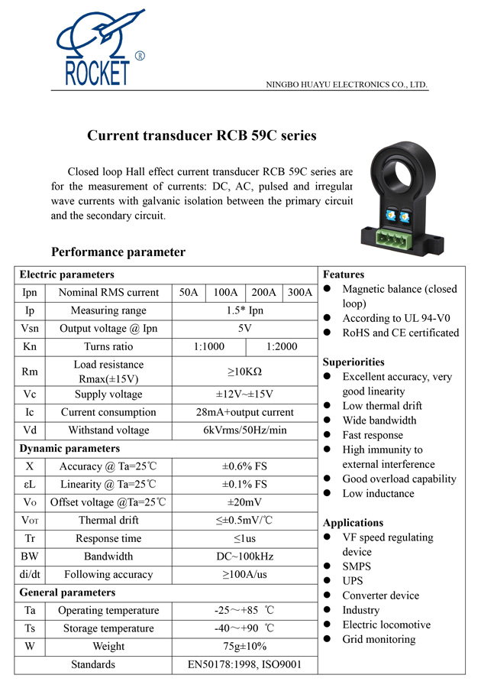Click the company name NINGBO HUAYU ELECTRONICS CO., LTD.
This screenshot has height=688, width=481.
(x=346, y=85)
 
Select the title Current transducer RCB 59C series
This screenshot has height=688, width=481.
(x=202, y=137)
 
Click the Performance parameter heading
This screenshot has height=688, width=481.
(x=118, y=252)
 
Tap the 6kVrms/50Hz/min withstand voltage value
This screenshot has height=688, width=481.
(x=244, y=430)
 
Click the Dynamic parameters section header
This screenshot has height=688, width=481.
(x=69, y=449)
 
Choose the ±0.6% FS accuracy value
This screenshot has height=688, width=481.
(x=244, y=466)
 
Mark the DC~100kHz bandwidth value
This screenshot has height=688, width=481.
(x=244, y=557)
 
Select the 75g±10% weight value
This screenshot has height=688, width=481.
(x=244, y=647)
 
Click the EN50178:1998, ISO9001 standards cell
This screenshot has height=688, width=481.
(x=244, y=665)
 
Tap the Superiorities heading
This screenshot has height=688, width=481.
(x=353, y=362)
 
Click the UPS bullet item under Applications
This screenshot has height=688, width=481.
(x=353, y=581)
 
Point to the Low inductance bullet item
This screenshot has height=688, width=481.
(x=378, y=494)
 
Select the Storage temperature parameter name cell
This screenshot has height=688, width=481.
(x=108, y=628)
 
